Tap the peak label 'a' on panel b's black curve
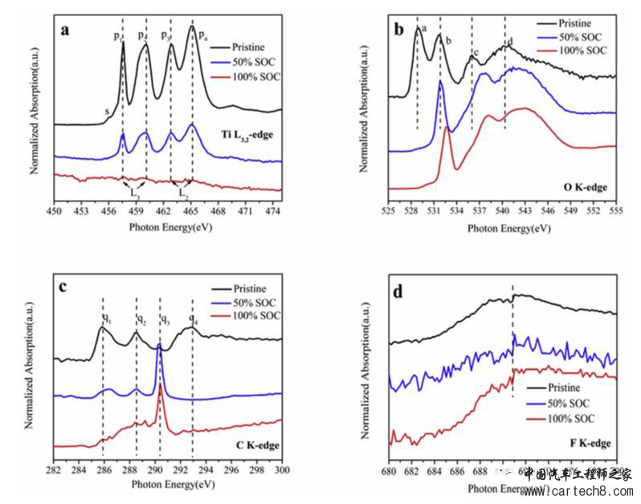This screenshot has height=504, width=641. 423,30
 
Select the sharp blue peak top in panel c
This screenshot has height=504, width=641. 159,347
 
